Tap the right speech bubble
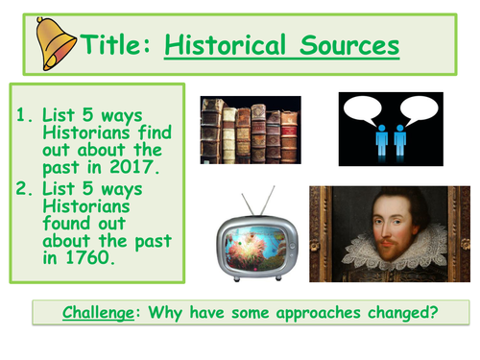(415, 112)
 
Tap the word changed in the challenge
(413, 312)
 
